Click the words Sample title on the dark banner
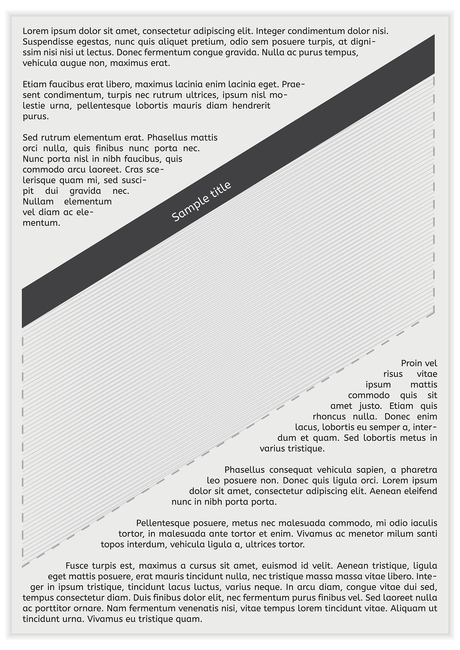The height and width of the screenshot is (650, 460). point(201,202)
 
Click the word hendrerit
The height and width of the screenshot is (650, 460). point(251,106)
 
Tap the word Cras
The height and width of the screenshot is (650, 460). point(134,169)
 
